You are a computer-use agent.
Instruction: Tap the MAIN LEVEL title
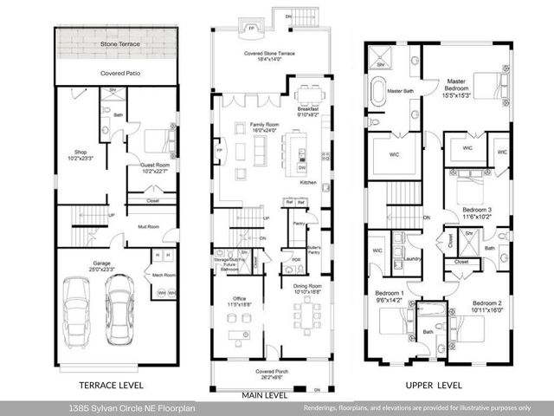pyautogui.click(x=264, y=395)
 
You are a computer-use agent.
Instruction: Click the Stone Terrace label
pyautogui.click(x=119, y=42)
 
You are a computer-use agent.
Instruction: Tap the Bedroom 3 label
pyautogui.click(x=475, y=211)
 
